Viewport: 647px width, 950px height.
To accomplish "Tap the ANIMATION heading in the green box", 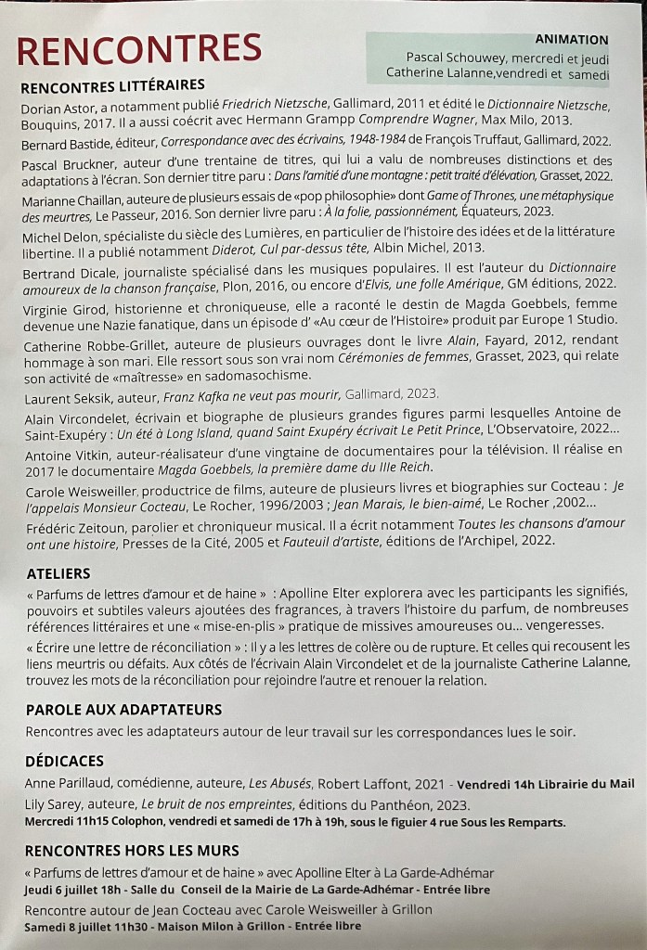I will (x=572, y=40).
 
